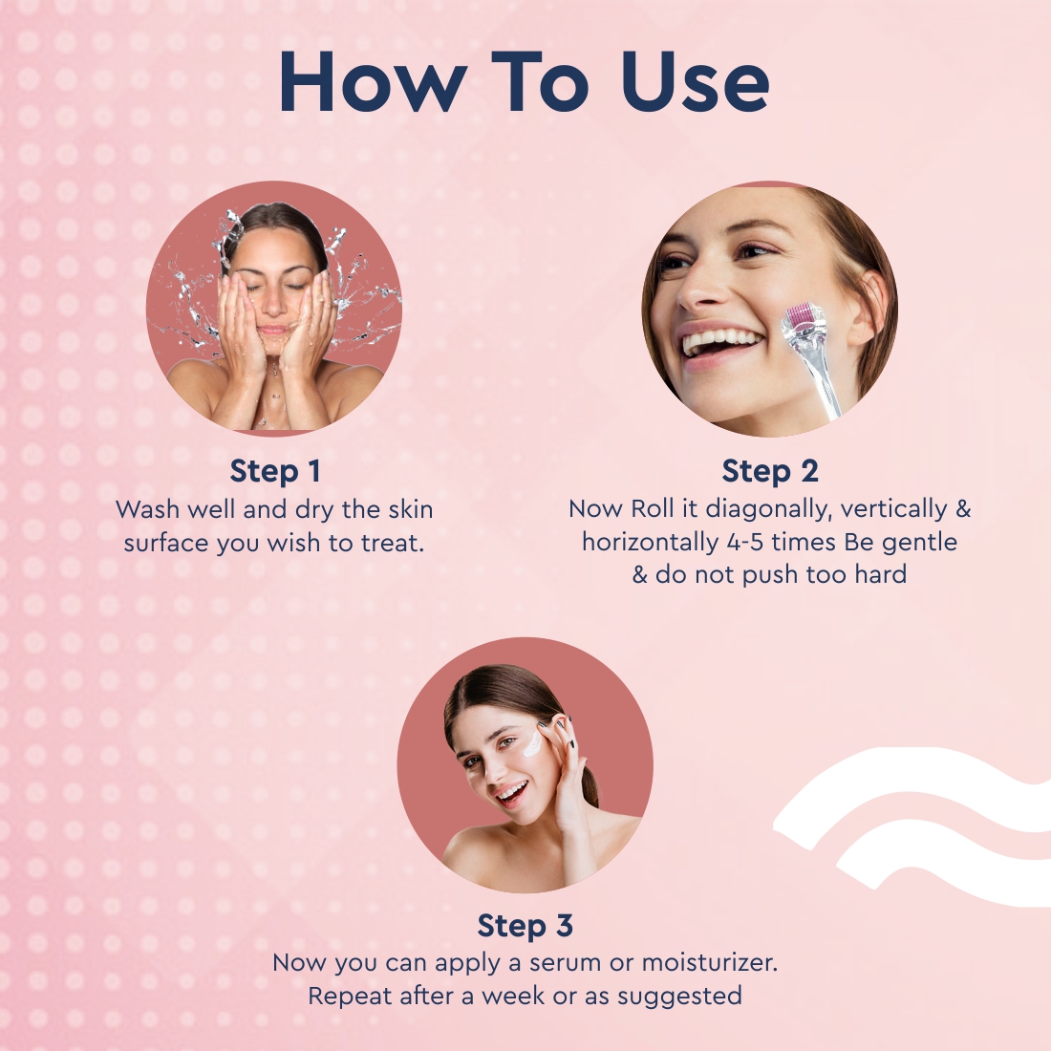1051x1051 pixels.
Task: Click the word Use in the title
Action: tap(695, 82)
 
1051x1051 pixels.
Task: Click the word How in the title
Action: tap(373, 82)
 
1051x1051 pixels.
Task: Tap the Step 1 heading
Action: tap(275, 470)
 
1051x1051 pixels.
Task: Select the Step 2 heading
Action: tap(769, 470)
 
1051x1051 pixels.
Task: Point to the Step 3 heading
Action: tap(525, 926)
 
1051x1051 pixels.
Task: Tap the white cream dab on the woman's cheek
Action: tap(532, 744)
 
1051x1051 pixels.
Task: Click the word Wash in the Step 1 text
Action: tap(148, 509)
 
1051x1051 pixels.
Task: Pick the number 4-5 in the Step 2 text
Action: tap(744, 542)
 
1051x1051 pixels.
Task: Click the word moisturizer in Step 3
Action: tap(709, 962)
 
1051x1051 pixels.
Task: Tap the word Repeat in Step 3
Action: tap(350, 997)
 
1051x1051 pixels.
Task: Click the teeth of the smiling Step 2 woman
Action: tap(720, 342)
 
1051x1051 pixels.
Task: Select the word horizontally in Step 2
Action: tap(650, 543)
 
